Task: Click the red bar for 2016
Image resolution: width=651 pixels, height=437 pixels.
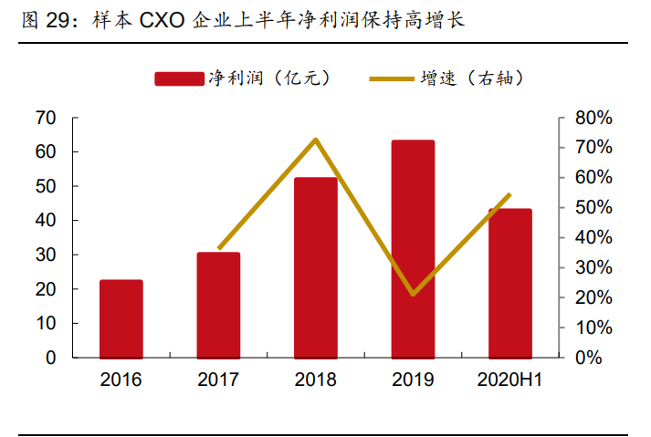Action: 121,318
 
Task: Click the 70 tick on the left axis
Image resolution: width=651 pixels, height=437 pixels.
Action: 45,118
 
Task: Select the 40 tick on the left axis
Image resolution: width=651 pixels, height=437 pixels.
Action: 45,221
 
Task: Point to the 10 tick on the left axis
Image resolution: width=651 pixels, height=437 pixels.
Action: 45,323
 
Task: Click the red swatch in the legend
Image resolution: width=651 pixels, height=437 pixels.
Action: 179,79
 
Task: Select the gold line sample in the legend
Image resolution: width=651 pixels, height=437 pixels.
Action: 393,79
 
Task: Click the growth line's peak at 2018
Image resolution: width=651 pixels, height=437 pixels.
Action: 316,140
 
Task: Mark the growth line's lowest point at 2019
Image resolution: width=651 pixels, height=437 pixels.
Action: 413,295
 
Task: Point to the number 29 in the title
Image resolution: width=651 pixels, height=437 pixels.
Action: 59,19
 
